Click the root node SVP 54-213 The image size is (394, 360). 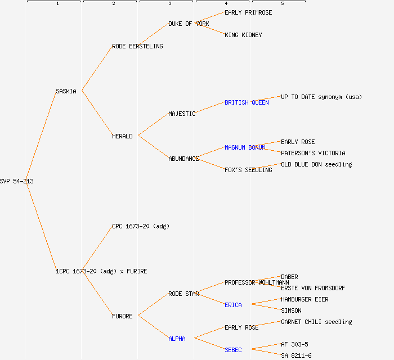tap(13, 181)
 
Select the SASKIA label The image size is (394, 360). tap(66, 91)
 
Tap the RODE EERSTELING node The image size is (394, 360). tap(137, 46)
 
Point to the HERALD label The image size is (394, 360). tap(122, 136)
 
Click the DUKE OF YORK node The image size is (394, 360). tap(189, 24)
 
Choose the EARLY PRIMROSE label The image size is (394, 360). tap(248, 12)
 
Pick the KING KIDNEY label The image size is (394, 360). tap(243, 35)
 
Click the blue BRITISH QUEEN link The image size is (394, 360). tap(247, 102)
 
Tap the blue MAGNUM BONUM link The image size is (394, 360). tap(245, 147)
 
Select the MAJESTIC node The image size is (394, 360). tap(182, 114)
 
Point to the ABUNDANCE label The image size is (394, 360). tap(183, 159)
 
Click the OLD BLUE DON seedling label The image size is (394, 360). tap(316, 164)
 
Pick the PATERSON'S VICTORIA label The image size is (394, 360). tap(313, 153)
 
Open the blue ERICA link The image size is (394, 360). tap(233, 305)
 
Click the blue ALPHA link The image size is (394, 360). tap(177, 339)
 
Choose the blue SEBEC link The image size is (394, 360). tap(233, 350)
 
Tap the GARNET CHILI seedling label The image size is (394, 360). tap(316, 322)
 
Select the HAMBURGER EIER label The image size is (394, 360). tap(305, 299)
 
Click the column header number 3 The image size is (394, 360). tap(169, 4)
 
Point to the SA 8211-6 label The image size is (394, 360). tap(296, 355)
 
